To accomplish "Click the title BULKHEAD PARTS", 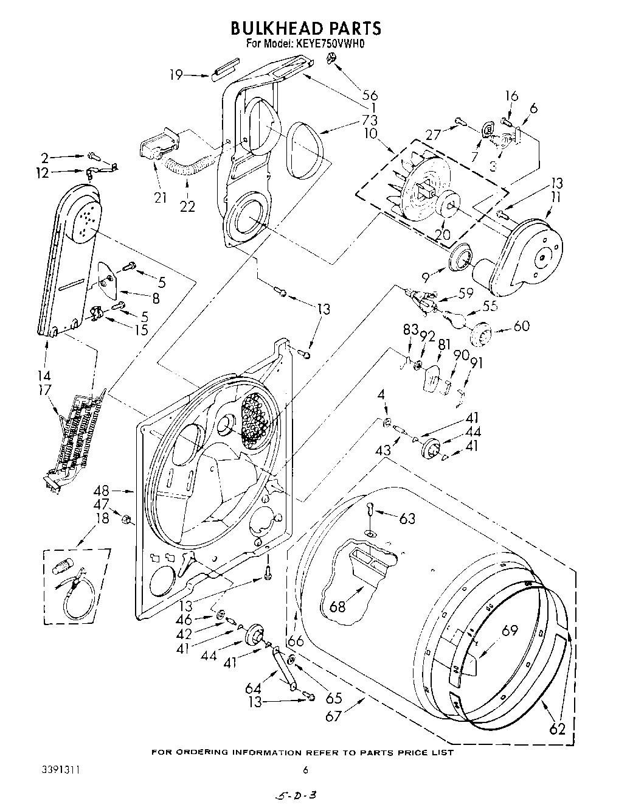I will [x=305, y=28].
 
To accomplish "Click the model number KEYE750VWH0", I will [x=333, y=44].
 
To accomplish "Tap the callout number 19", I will [x=176, y=75].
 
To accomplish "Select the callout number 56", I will [x=370, y=94].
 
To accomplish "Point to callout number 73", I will [x=370, y=119].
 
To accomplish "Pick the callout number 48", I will [x=102, y=490].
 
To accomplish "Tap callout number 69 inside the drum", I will [x=509, y=630].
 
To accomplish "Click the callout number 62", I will [x=558, y=728].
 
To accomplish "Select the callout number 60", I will [x=521, y=326].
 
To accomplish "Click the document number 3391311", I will [x=58, y=770].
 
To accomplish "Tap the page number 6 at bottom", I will [x=306, y=770].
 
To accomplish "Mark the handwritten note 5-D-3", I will [x=297, y=795].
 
